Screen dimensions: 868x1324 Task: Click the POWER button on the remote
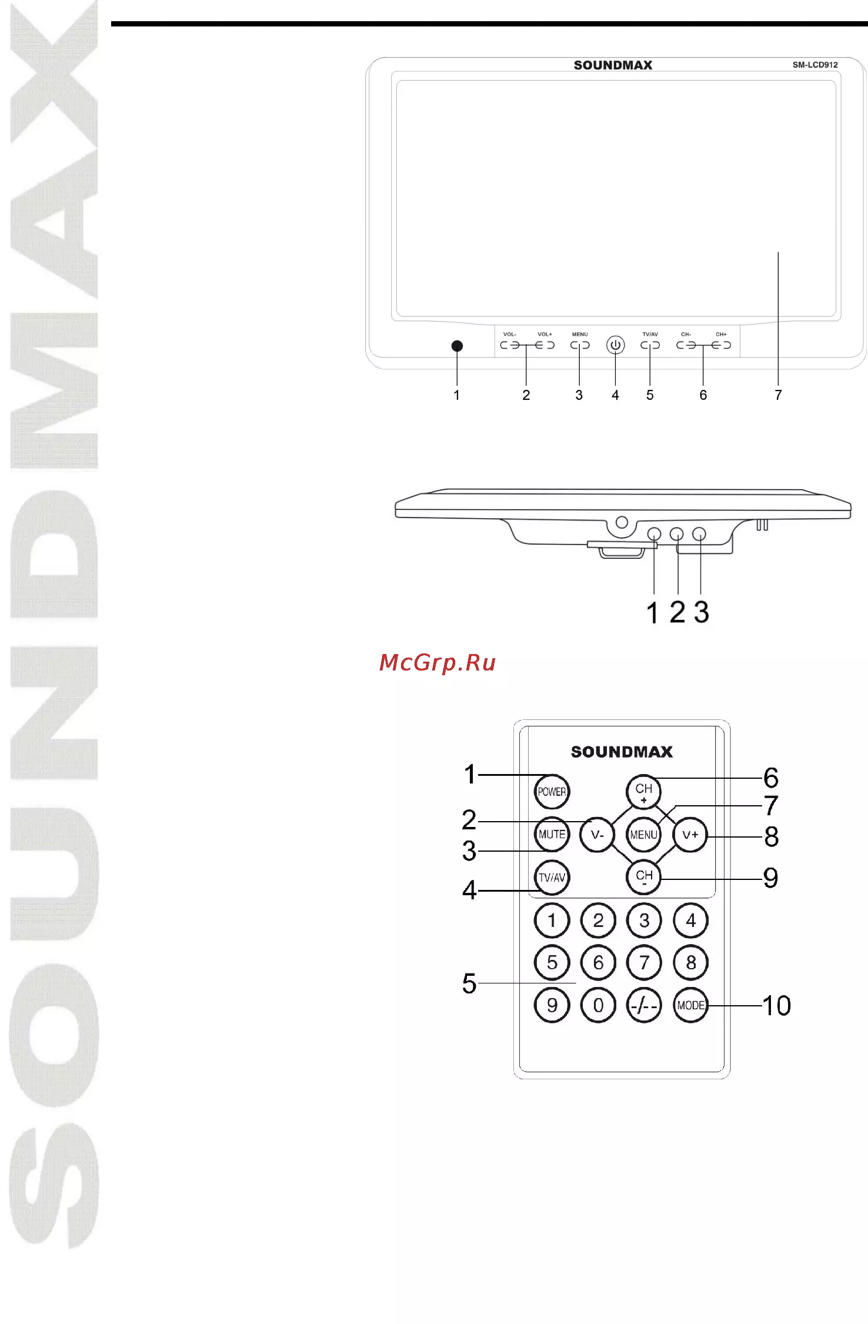552,791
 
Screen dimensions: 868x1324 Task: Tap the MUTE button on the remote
552,834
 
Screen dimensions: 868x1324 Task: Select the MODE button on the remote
690,1005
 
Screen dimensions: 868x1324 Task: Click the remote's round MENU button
644,835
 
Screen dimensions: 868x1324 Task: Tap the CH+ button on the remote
644,792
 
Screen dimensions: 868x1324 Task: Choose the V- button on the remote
597,835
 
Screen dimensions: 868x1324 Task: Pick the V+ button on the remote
690,835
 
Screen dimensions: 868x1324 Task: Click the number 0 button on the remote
598,1005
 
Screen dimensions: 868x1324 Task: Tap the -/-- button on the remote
645,1005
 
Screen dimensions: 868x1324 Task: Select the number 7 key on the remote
645,962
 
